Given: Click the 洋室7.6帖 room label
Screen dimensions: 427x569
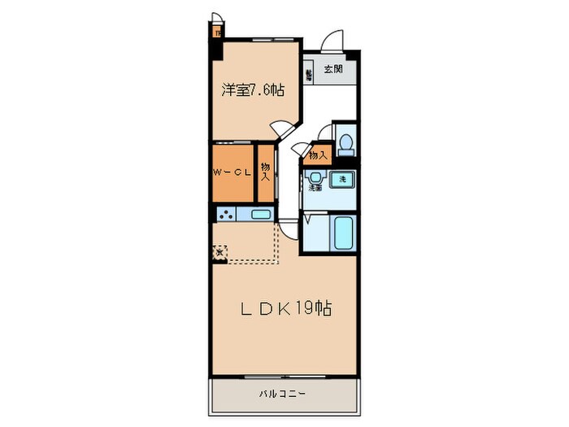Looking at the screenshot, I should point(254,91).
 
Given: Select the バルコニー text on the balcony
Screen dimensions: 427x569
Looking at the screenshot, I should point(282,394).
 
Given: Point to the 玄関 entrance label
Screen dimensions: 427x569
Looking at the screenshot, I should point(333,70).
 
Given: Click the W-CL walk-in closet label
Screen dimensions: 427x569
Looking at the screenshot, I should point(231,172).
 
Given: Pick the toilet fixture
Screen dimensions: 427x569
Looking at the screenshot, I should point(345,143).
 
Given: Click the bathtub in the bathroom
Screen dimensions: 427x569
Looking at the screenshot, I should point(342,235).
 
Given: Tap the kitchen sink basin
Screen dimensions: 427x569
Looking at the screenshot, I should point(260,215).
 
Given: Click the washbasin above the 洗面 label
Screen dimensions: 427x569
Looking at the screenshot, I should point(313,176).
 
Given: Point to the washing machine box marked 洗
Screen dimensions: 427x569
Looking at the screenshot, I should point(343,179).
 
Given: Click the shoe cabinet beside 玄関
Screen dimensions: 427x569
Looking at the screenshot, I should point(309,75).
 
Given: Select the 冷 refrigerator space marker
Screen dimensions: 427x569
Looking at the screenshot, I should point(218,253).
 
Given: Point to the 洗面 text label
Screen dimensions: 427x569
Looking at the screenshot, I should point(315,189).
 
